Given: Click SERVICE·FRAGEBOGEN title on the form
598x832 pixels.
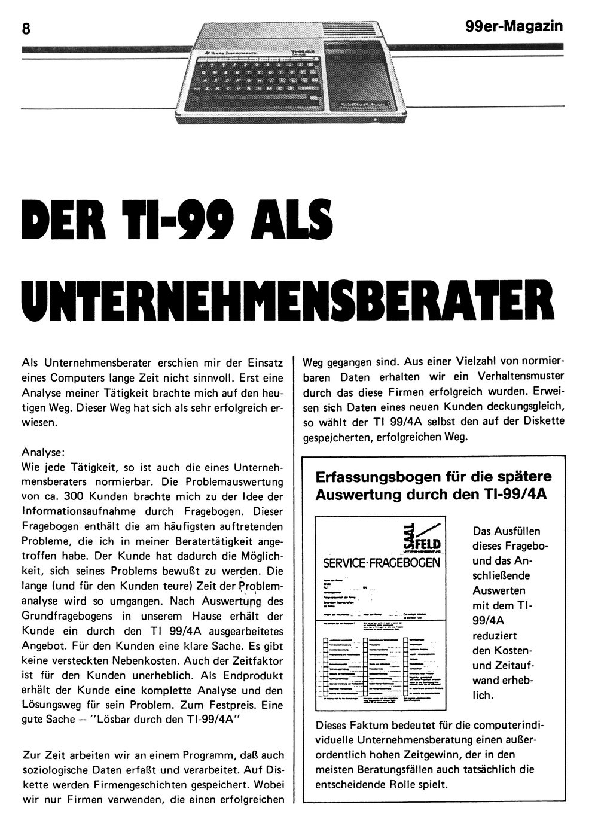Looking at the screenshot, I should point(382,563).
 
